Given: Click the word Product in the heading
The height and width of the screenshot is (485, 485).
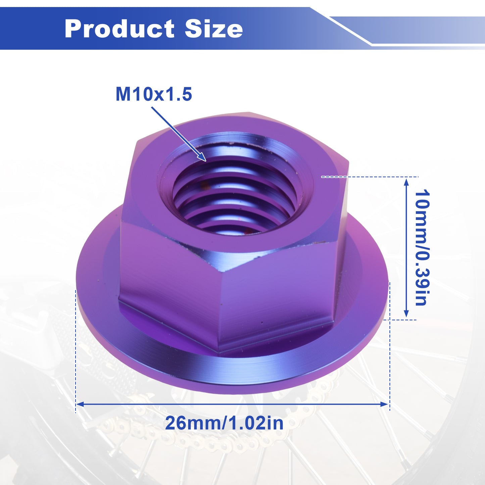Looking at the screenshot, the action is (x=119, y=29).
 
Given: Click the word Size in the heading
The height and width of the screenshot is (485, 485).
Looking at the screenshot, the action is (x=214, y=29).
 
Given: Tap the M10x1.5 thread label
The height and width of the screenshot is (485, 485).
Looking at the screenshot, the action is (x=154, y=94).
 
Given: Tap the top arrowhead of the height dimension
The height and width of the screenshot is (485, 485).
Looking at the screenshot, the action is (x=406, y=182).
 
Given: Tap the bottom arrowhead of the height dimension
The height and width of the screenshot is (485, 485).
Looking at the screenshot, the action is (x=406, y=313).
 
